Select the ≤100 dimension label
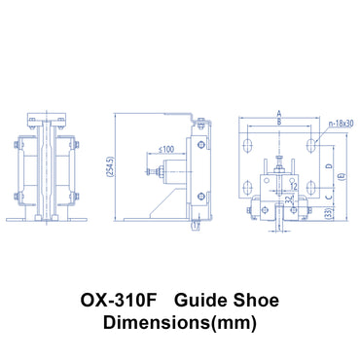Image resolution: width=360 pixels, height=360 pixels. [x=166, y=148]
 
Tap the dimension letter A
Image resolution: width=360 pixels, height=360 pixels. [x=279, y=112]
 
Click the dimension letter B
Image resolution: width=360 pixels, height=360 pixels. [x=279, y=122]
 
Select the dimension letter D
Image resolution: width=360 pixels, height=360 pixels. [x=328, y=166]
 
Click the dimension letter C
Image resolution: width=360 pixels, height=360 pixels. [x=328, y=198]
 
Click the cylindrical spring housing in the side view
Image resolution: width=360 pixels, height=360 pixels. [x=173, y=175]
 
